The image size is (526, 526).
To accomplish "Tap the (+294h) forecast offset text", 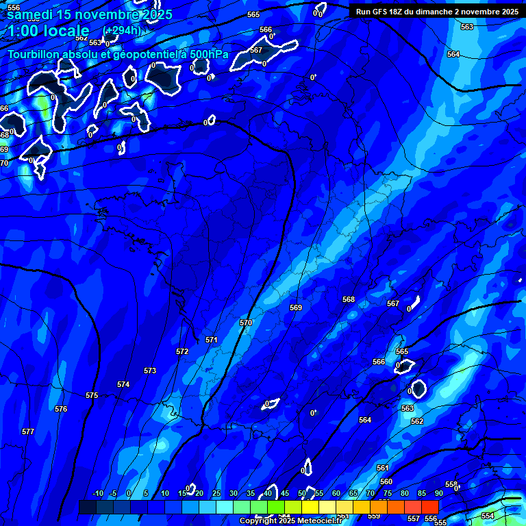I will (121, 30).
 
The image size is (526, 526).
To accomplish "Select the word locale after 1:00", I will (66, 31).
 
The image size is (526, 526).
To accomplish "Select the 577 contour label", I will (28, 431).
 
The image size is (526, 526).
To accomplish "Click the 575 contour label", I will (92, 395).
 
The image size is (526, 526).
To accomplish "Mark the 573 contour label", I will (150, 371).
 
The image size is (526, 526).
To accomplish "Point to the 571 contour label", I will (212, 340).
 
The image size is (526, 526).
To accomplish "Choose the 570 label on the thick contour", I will (246, 323).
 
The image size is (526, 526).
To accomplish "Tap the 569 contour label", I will (296, 308).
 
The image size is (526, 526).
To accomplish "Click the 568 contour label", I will (349, 299).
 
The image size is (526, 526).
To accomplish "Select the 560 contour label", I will (386, 481).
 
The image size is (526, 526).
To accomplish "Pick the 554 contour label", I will (487, 516).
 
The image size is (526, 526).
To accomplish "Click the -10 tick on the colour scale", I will (98, 493).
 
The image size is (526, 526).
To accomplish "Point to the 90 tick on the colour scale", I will (438, 493).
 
